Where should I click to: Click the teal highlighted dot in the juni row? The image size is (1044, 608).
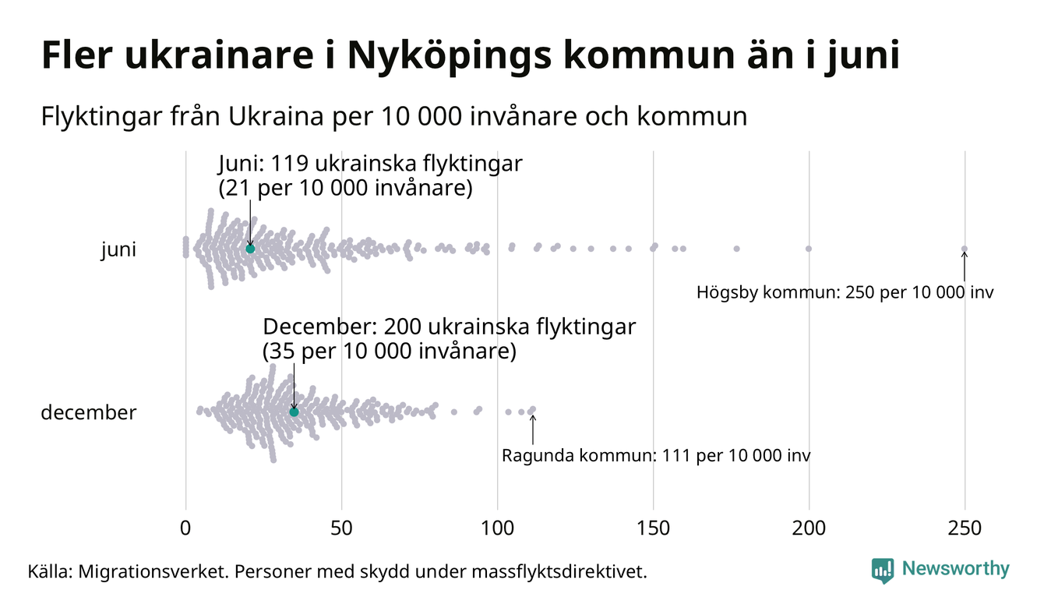[250, 249]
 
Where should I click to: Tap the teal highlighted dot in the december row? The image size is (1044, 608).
[294, 412]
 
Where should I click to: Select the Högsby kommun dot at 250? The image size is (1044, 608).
[965, 249]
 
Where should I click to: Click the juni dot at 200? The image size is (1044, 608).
[809, 249]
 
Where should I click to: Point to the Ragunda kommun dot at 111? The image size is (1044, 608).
[532, 409]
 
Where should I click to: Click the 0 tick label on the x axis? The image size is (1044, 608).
[185, 528]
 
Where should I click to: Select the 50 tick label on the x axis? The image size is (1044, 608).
[341, 528]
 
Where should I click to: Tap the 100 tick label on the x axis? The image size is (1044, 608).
[497, 528]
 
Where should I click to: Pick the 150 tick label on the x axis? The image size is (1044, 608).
[653, 528]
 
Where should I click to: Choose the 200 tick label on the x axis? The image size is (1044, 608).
[809, 528]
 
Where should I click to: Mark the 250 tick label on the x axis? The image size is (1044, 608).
[965, 528]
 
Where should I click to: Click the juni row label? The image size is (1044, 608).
[118, 250]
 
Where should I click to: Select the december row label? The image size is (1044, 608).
[88, 412]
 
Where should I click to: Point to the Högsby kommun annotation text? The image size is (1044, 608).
[845, 293]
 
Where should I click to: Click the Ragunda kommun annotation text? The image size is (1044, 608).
[656, 455]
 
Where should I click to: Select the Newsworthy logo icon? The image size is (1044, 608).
[883, 571]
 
